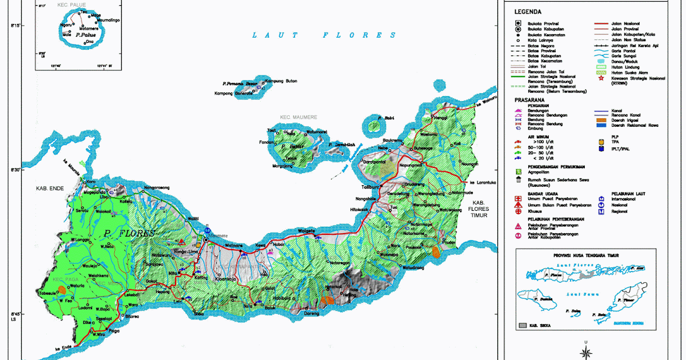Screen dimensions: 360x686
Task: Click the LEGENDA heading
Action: (x=528, y=11)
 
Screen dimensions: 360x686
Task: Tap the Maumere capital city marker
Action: (x=206, y=232)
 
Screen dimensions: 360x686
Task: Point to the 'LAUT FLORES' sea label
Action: (x=325, y=35)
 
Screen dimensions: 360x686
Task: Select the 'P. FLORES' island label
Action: (x=129, y=233)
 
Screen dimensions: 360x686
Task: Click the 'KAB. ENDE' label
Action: (x=50, y=188)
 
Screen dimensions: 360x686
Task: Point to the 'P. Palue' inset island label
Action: (x=86, y=34)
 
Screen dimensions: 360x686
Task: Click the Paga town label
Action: (x=114, y=329)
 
